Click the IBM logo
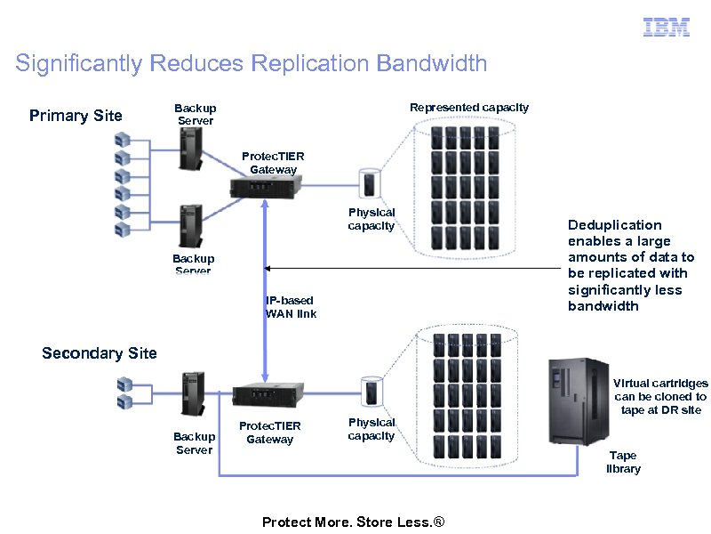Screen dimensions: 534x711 point(666,28)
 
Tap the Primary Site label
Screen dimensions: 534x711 point(76,116)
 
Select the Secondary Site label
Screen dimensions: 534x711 point(100,353)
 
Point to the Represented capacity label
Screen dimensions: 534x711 point(468,108)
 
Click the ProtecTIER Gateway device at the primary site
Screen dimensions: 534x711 point(265,186)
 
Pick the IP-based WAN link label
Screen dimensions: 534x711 point(290,307)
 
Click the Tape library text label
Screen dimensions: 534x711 point(623,462)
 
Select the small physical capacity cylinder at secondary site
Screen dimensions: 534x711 point(371,392)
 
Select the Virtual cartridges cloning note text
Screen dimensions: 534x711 point(659,396)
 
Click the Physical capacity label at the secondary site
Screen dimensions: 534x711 point(371,429)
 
